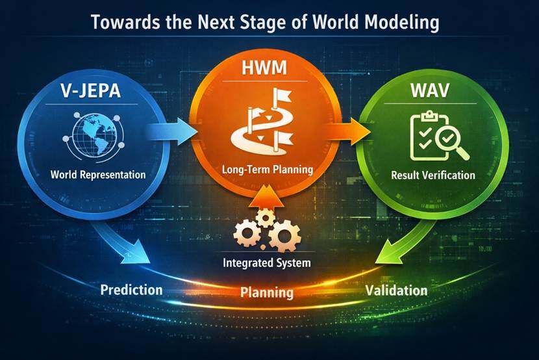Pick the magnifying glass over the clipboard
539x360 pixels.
pos(451,140)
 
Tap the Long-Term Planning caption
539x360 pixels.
pos(267,170)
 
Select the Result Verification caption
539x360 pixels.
pos(433,175)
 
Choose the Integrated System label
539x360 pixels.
pos(267,264)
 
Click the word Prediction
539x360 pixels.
pos(131,290)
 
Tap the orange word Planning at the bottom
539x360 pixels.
pos(267,292)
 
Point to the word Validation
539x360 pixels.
pos(396,290)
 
